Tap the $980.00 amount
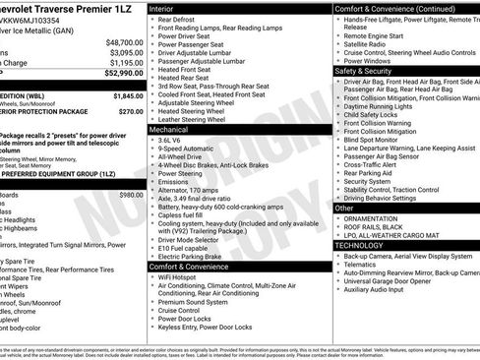tap(130, 195)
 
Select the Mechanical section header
tap(169, 129)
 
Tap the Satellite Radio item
tap(365, 44)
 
